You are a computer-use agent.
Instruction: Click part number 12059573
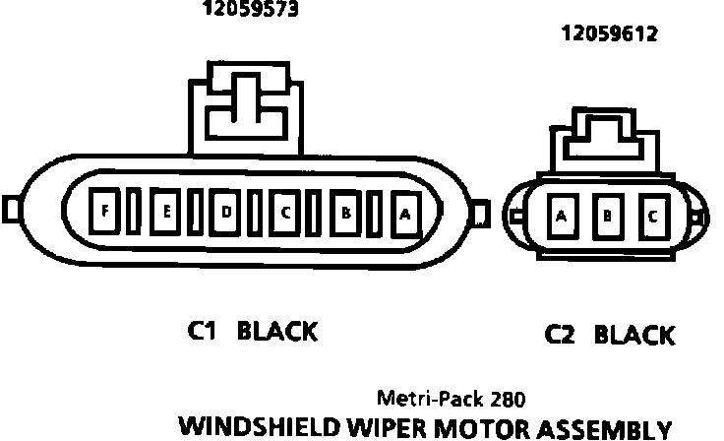tap(251, 11)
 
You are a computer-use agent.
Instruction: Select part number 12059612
tap(609, 34)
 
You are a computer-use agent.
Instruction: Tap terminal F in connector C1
tap(104, 211)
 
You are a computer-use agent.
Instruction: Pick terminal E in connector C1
tap(167, 211)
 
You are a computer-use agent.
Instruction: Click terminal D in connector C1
tap(226, 211)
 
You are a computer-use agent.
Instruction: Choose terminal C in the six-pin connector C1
tap(285, 211)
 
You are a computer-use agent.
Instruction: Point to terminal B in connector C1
tap(346, 211)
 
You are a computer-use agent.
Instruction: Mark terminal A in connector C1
tap(404, 212)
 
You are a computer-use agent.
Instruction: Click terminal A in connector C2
tap(562, 216)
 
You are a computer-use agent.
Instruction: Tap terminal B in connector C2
tap(607, 216)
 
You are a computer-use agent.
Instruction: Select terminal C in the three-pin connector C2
tap(652, 216)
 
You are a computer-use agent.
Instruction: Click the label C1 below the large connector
tap(202, 332)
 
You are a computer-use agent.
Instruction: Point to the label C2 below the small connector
tap(561, 336)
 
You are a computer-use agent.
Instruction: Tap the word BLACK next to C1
tap(278, 332)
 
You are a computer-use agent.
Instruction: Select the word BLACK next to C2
tap(635, 336)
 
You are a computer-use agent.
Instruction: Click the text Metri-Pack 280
tap(452, 400)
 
